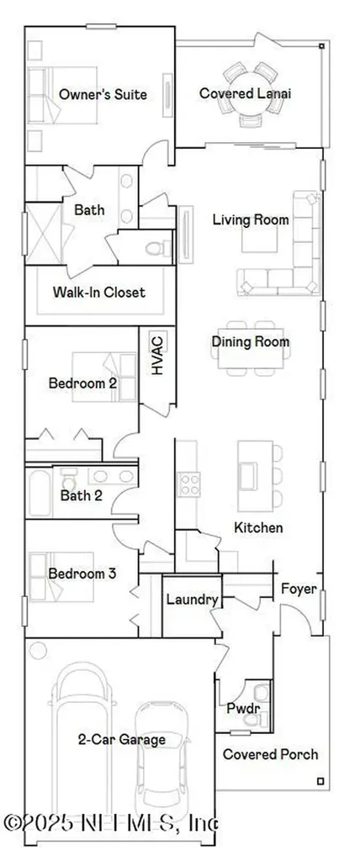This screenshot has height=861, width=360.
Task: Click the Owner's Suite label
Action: click(103, 95)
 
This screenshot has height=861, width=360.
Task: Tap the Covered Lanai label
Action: click(245, 94)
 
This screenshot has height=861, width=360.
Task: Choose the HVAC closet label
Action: click(157, 356)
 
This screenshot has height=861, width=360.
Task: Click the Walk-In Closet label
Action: click(98, 293)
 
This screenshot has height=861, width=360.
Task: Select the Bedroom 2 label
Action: click(82, 383)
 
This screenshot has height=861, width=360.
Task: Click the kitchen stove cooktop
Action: click(188, 484)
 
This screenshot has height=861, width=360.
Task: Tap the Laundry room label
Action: click(192, 600)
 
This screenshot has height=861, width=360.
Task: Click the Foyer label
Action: click(299, 589)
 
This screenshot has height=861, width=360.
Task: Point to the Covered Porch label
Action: click(270, 755)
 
